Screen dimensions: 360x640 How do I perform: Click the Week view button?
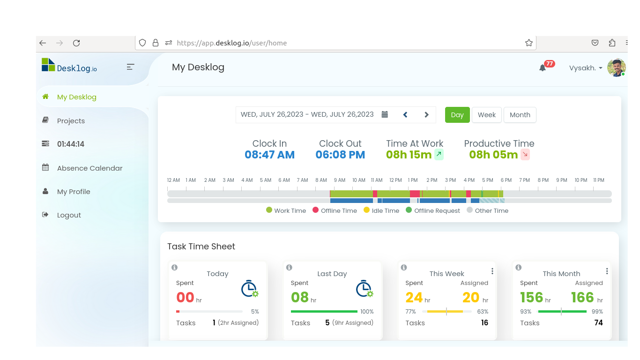[486, 115]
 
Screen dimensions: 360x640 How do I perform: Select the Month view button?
[520, 115]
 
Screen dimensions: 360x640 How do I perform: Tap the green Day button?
[457, 115]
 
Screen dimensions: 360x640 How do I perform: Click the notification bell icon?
[543, 68]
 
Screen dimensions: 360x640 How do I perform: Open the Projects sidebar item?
[71, 121]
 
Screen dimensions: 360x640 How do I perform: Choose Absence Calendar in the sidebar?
[89, 168]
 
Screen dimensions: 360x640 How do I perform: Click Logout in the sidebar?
[69, 215]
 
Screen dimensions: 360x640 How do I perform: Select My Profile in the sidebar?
[74, 192]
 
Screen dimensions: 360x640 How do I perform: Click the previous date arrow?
[405, 115]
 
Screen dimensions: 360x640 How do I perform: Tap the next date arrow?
[426, 115]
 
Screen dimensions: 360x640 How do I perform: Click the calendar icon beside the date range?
[385, 115]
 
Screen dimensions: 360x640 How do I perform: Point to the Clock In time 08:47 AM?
[269, 155]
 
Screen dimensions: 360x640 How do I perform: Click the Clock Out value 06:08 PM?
[340, 155]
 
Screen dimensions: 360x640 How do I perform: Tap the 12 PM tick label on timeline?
[395, 180]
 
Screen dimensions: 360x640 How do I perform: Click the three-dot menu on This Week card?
[492, 271]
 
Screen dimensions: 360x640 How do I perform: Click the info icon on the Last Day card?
[289, 267]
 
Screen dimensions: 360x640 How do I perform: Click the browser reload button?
[76, 43]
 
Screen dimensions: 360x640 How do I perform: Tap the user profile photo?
[616, 68]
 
